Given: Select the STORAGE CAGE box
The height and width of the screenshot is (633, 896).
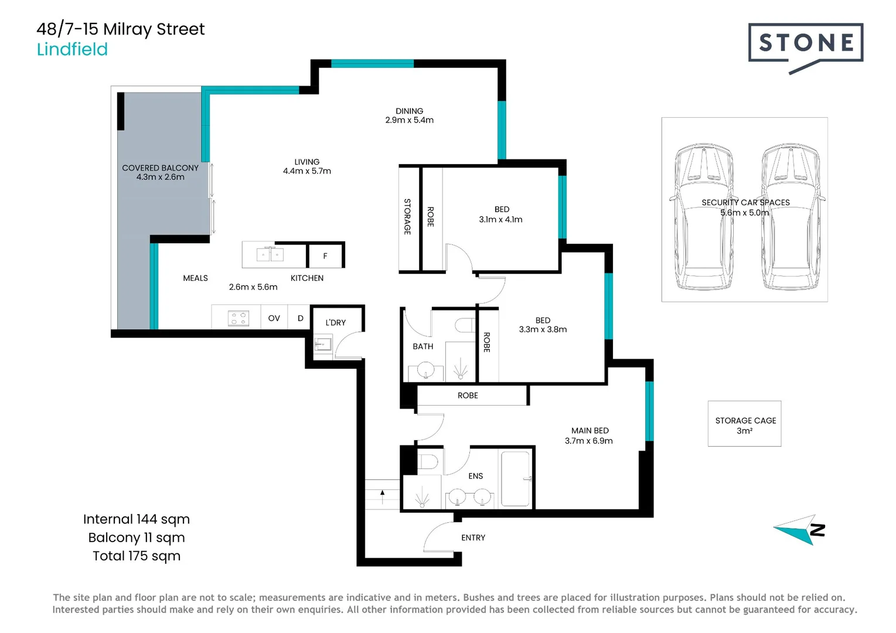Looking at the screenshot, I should click(x=744, y=424).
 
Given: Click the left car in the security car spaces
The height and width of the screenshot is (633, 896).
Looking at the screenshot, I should click(x=704, y=217).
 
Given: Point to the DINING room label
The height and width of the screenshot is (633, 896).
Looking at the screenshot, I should click(x=409, y=111).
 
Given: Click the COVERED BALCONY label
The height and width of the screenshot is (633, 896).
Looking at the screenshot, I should click(x=160, y=168).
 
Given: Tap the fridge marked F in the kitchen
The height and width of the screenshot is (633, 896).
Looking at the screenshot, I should click(x=325, y=256).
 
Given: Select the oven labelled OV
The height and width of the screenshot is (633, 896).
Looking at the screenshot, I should click(x=274, y=318).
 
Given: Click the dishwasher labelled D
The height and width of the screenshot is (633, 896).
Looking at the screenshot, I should click(x=300, y=318).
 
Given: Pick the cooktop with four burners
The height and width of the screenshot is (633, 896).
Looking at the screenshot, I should click(x=239, y=318).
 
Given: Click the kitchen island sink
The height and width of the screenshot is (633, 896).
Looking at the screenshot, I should click(x=270, y=254).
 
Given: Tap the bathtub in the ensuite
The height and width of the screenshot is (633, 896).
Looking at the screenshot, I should click(x=516, y=478).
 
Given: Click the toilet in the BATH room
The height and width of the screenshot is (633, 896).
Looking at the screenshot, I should click(x=465, y=325).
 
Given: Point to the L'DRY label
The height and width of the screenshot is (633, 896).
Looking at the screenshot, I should click(x=335, y=322).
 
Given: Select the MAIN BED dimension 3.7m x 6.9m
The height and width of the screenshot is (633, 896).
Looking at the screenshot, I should click(x=588, y=441).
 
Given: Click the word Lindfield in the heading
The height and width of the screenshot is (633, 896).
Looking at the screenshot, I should click(x=72, y=49).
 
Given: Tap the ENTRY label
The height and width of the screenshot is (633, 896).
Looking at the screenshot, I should click(x=473, y=537).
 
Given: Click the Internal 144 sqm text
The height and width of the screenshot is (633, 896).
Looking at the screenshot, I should click(x=137, y=519).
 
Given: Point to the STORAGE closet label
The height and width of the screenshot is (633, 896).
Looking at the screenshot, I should click(x=407, y=216).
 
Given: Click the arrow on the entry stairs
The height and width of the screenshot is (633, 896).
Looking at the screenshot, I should click(x=383, y=496).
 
